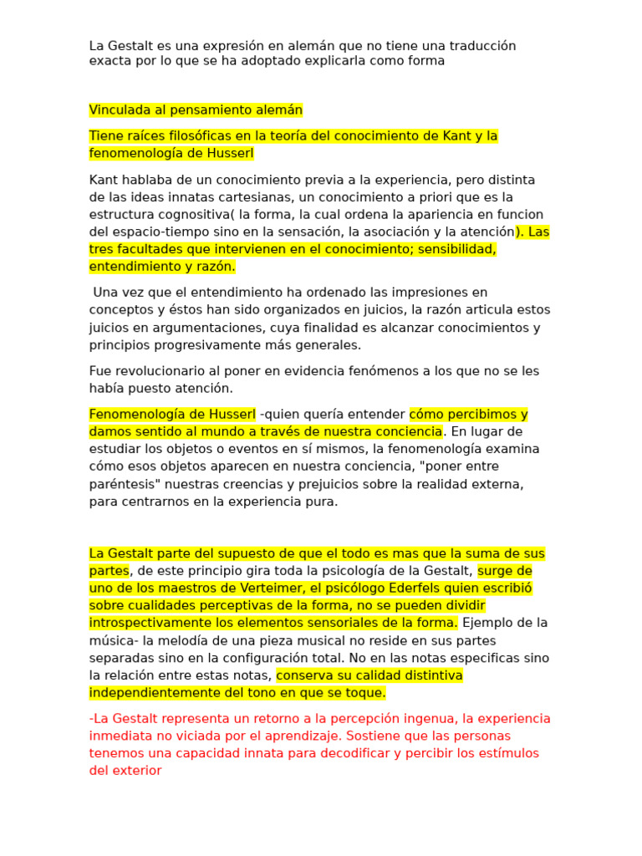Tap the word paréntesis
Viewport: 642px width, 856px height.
[x=122, y=484]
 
